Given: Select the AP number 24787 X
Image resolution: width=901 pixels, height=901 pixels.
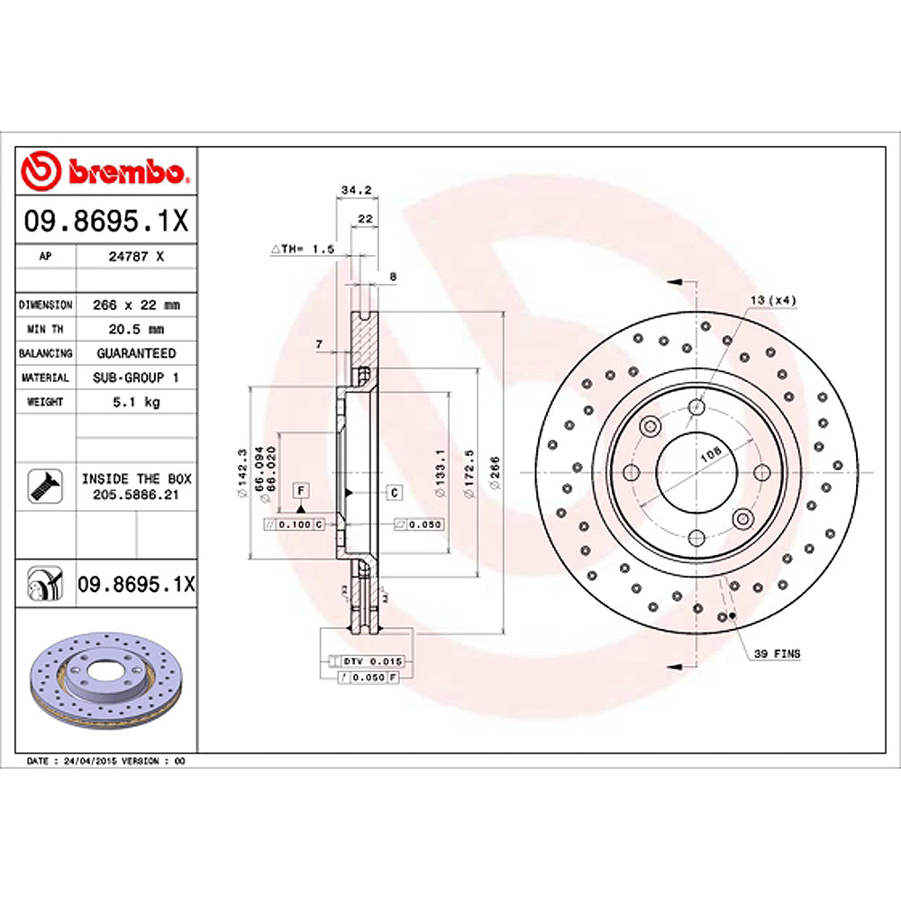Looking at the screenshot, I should pos(135,256).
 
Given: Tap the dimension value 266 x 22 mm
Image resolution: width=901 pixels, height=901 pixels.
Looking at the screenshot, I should pos(136,305).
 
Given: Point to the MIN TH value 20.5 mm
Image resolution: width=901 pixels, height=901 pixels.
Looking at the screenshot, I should pos(136,329).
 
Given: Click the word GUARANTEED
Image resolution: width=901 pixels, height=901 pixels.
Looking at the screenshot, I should pos(136,353).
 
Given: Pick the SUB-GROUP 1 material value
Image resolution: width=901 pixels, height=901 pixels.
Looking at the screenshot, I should pos(136,378).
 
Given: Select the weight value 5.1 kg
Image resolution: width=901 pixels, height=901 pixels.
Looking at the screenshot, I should pos(136,402).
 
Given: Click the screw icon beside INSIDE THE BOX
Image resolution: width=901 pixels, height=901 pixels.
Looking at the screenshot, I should pos(42,485).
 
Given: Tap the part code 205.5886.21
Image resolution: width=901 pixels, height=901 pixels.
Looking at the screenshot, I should pos(136,496).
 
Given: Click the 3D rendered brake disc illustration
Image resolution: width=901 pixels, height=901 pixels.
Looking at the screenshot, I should pos(106,679).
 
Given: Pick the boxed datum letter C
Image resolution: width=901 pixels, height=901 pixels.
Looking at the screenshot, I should pos(395,491).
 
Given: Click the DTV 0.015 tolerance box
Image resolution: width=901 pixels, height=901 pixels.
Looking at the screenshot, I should pos(370,661).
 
